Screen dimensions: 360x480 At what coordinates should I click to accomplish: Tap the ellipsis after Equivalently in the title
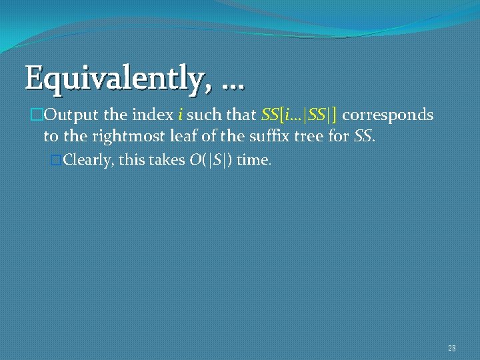coord(230,83)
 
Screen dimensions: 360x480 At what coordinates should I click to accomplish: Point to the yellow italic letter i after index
coord(179,115)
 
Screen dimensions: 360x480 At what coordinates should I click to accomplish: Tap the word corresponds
coord(388,115)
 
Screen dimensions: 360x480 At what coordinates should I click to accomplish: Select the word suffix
coord(245,137)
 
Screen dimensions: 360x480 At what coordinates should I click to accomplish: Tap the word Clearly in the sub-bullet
coord(87,161)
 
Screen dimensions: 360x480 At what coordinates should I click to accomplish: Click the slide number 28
coord(451,348)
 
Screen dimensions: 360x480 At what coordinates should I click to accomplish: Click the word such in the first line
coord(204,115)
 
